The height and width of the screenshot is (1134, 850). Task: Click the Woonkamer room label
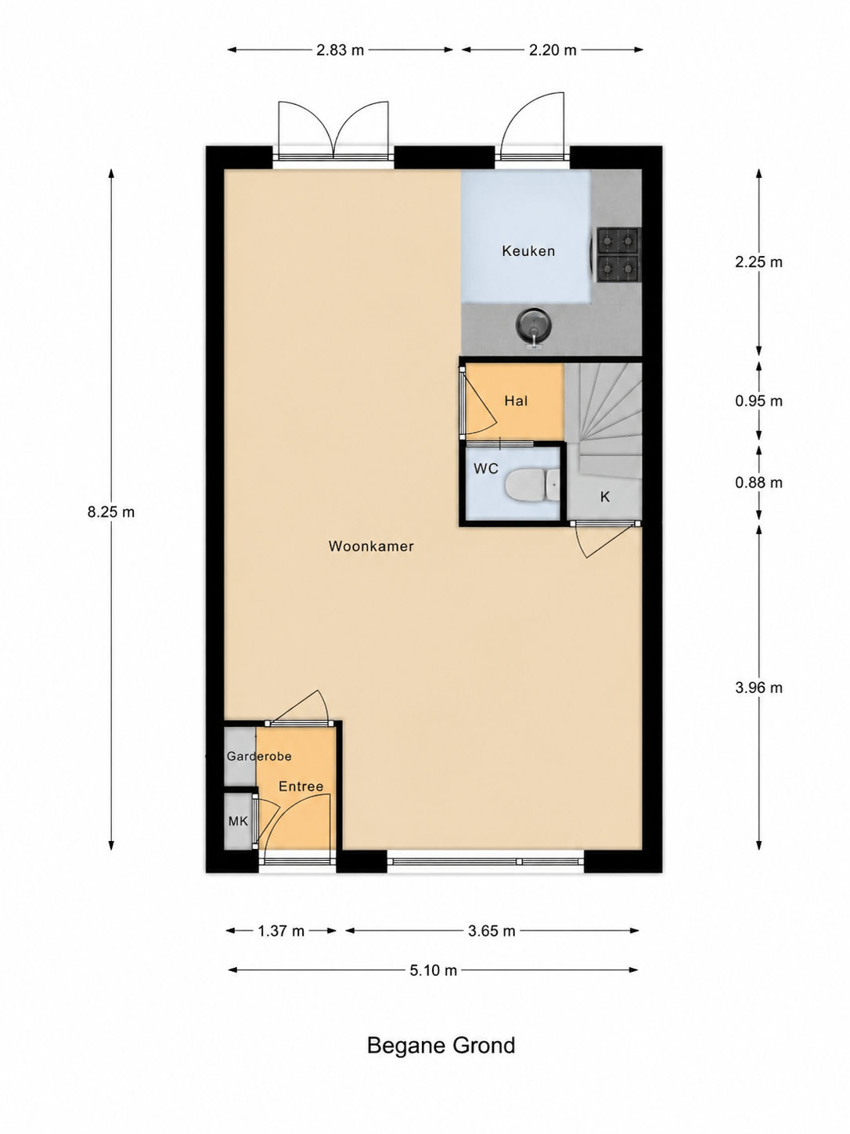(371, 546)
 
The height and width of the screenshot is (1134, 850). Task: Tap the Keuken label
(528, 251)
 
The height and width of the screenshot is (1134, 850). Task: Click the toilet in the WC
(532, 485)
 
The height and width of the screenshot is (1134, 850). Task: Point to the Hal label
(516, 401)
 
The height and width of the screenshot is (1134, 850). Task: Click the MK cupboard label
(238, 821)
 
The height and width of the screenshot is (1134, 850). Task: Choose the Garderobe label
(259, 757)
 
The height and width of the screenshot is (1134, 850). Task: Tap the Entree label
(301, 786)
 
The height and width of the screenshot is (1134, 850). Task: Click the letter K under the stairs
(605, 497)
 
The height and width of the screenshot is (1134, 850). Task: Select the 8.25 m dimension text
(111, 512)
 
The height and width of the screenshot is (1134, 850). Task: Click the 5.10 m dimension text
(434, 971)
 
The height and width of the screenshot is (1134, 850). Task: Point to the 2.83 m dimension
(340, 50)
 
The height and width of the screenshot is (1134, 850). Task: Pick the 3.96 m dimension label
(758, 688)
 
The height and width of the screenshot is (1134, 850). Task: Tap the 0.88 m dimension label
(758, 482)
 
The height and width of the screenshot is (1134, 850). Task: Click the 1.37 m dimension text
(281, 931)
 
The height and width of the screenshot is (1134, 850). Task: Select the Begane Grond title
(441, 1046)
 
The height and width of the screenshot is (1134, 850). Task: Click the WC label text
(486, 468)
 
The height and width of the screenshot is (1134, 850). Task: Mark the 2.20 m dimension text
(553, 50)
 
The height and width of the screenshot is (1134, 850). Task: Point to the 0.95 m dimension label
(758, 401)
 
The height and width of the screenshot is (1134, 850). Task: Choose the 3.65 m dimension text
(492, 931)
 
